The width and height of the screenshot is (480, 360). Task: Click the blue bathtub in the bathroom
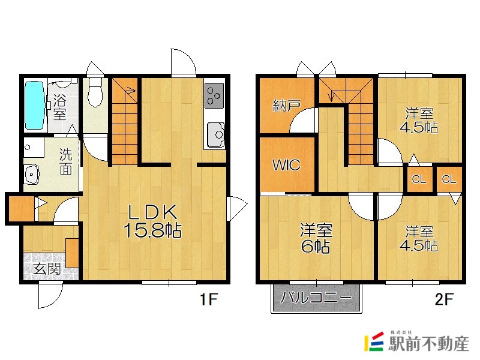[x=35, y=106]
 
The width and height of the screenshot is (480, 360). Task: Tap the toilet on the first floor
[x=95, y=92]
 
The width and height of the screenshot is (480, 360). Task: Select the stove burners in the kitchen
[x=214, y=96]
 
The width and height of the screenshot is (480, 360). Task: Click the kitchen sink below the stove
[x=215, y=134]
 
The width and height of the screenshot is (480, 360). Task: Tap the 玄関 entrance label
[x=47, y=269]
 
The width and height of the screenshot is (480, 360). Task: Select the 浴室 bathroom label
[x=59, y=107]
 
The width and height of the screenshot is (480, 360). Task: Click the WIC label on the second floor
[x=286, y=166]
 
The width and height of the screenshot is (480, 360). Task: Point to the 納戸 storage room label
[x=287, y=106]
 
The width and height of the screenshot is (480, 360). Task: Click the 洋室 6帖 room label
[x=316, y=238]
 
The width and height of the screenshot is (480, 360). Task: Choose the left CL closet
[x=419, y=179]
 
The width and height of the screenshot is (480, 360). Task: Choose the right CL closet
[x=449, y=179]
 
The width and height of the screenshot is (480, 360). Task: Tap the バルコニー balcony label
[x=316, y=297]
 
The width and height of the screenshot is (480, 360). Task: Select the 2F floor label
[x=443, y=299]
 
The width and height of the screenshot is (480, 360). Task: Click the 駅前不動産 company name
[x=428, y=343]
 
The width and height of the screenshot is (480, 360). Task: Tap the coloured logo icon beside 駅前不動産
[x=374, y=341]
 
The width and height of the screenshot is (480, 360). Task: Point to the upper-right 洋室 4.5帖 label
[x=419, y=120]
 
